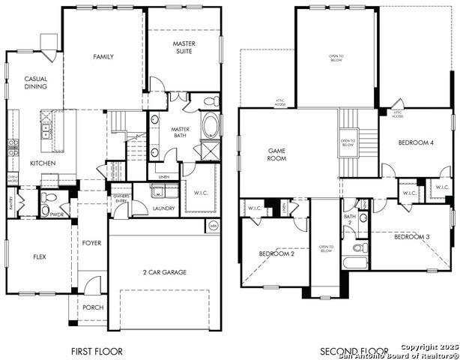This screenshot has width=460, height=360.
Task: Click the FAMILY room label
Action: [x=103, y=57]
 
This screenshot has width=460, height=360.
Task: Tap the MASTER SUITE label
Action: [x=184, y=47]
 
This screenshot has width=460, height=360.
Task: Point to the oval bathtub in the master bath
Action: [x=211, y=125]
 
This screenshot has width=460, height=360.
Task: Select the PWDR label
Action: [x=56, y=214]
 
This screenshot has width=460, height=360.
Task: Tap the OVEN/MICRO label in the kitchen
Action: [x=13, y=179]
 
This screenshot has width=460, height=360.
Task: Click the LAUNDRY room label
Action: [x=163, y=208]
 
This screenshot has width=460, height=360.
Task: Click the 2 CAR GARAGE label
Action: [x=165, y=272]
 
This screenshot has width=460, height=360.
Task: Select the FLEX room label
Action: [x=40, y=256]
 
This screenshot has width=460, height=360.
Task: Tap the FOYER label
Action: [x=92, y=242]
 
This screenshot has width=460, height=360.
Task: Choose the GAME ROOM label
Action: [x=278, y=154]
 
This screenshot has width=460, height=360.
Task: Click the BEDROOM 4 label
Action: [x=415, y=142]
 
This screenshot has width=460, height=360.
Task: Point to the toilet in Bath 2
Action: [x=358, y=247]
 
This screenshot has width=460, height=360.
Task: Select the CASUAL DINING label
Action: [x=36, y=82]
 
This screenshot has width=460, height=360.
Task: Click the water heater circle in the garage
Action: [x=213, y=224]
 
